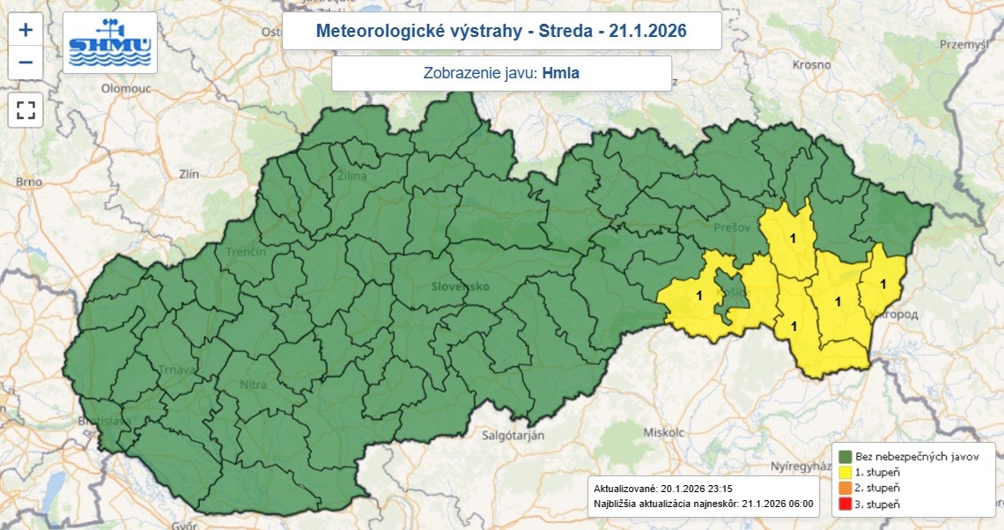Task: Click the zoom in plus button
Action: (x=26, y=30)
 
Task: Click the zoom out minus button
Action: (x=26, y=63)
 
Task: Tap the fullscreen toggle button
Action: (x=26, y=110)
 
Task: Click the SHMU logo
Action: (x=110, y=43)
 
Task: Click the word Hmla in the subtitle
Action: (x=561, y=74)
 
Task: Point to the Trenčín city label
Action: (x=246, y=253)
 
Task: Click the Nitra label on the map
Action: (x=253, y=385)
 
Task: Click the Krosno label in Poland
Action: (x=811, y=65)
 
